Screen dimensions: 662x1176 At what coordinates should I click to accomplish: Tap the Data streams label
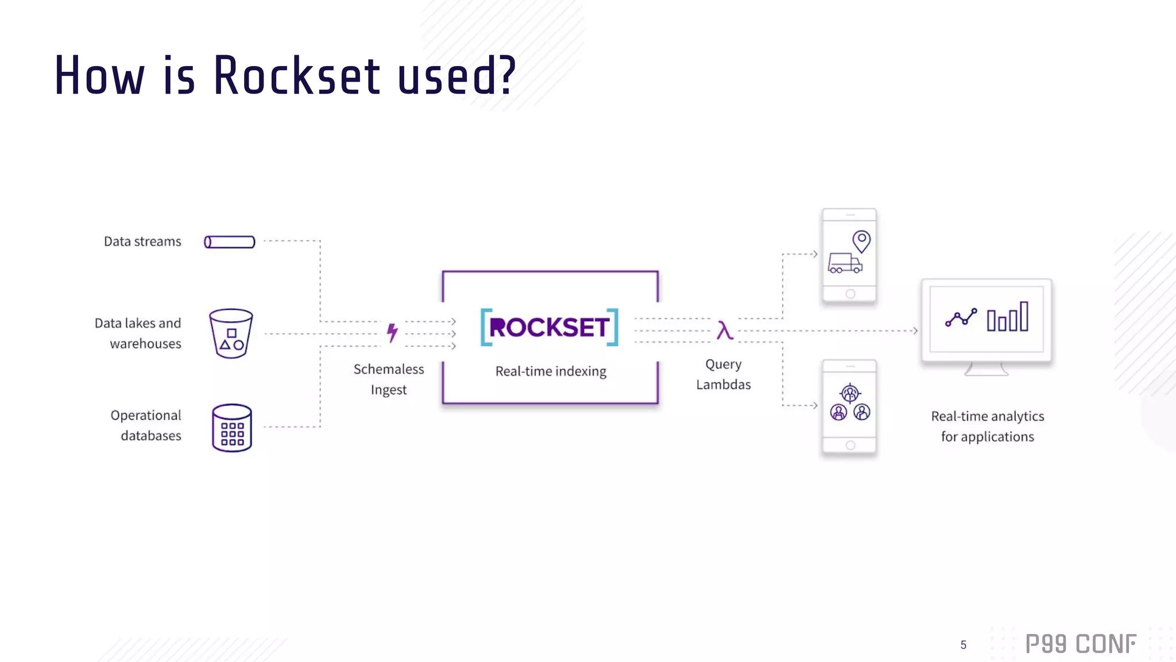point(142,241)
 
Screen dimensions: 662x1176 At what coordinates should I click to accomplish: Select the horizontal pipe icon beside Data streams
point(230,242)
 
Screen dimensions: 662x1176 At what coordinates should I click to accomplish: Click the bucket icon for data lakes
point(231,333)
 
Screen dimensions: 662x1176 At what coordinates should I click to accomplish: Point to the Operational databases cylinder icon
point(232,428)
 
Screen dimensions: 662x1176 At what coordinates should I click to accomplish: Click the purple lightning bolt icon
point(392,332)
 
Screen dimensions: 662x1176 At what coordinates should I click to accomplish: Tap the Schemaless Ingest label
point(389,379)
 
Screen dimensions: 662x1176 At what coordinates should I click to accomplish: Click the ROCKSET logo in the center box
point(550,327)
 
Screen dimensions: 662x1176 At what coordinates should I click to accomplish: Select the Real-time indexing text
point(551,371)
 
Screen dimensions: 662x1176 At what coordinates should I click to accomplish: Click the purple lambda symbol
point(725,330)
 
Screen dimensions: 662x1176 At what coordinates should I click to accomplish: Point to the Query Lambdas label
point(724,374)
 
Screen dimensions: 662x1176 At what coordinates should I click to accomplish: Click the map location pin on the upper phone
point(861,241)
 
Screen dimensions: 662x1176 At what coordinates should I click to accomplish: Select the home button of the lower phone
point(850,445)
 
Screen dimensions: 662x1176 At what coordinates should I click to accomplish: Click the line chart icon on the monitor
point(961,318)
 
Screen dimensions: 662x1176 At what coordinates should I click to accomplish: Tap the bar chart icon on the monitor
point(1008,317)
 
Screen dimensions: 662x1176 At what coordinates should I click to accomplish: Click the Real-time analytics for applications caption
point(988,426)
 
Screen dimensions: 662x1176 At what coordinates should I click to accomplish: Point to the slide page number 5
point(964,645)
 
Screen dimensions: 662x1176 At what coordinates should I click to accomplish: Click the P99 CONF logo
point(1081,644)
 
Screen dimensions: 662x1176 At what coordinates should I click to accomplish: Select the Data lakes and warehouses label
point(138,333)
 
